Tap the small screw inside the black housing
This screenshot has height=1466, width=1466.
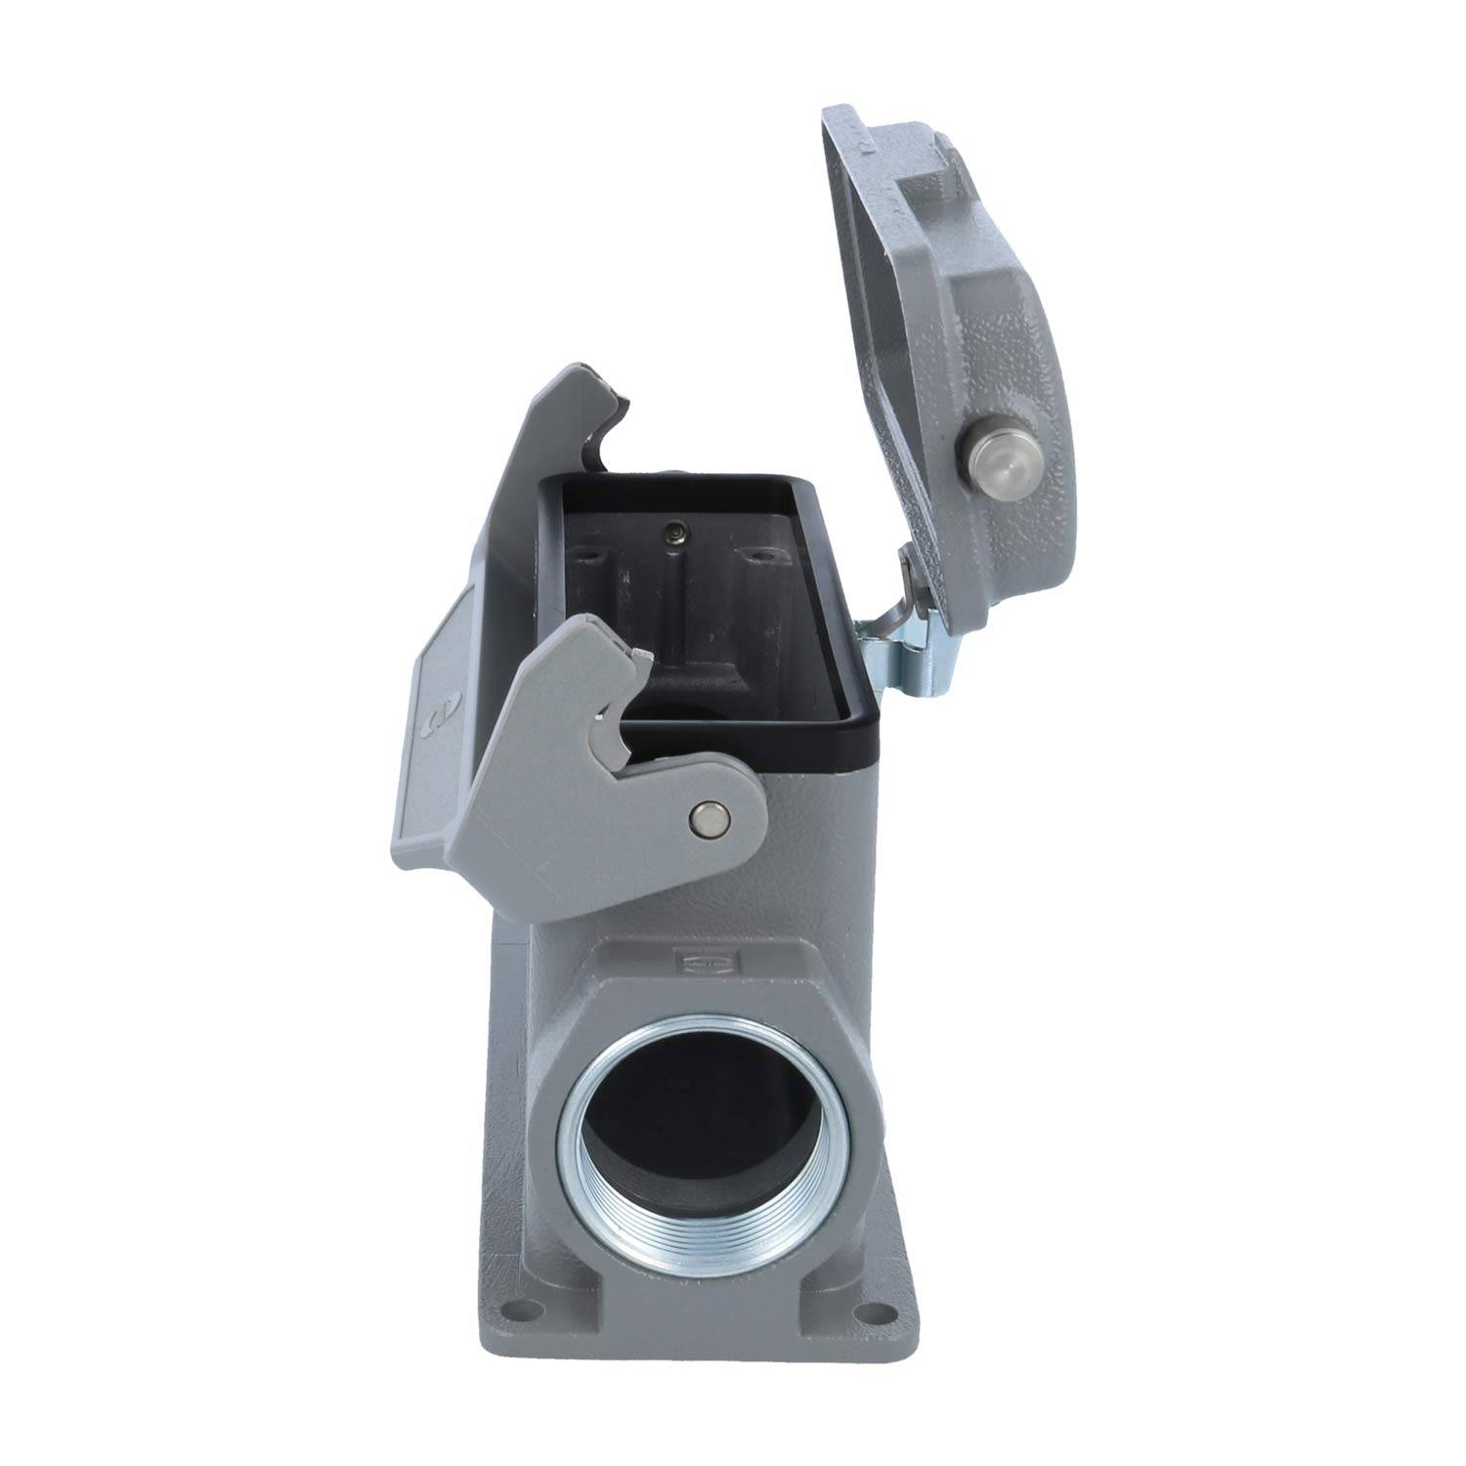pos(670,532)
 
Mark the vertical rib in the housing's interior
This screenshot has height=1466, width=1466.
pos(670,606)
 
